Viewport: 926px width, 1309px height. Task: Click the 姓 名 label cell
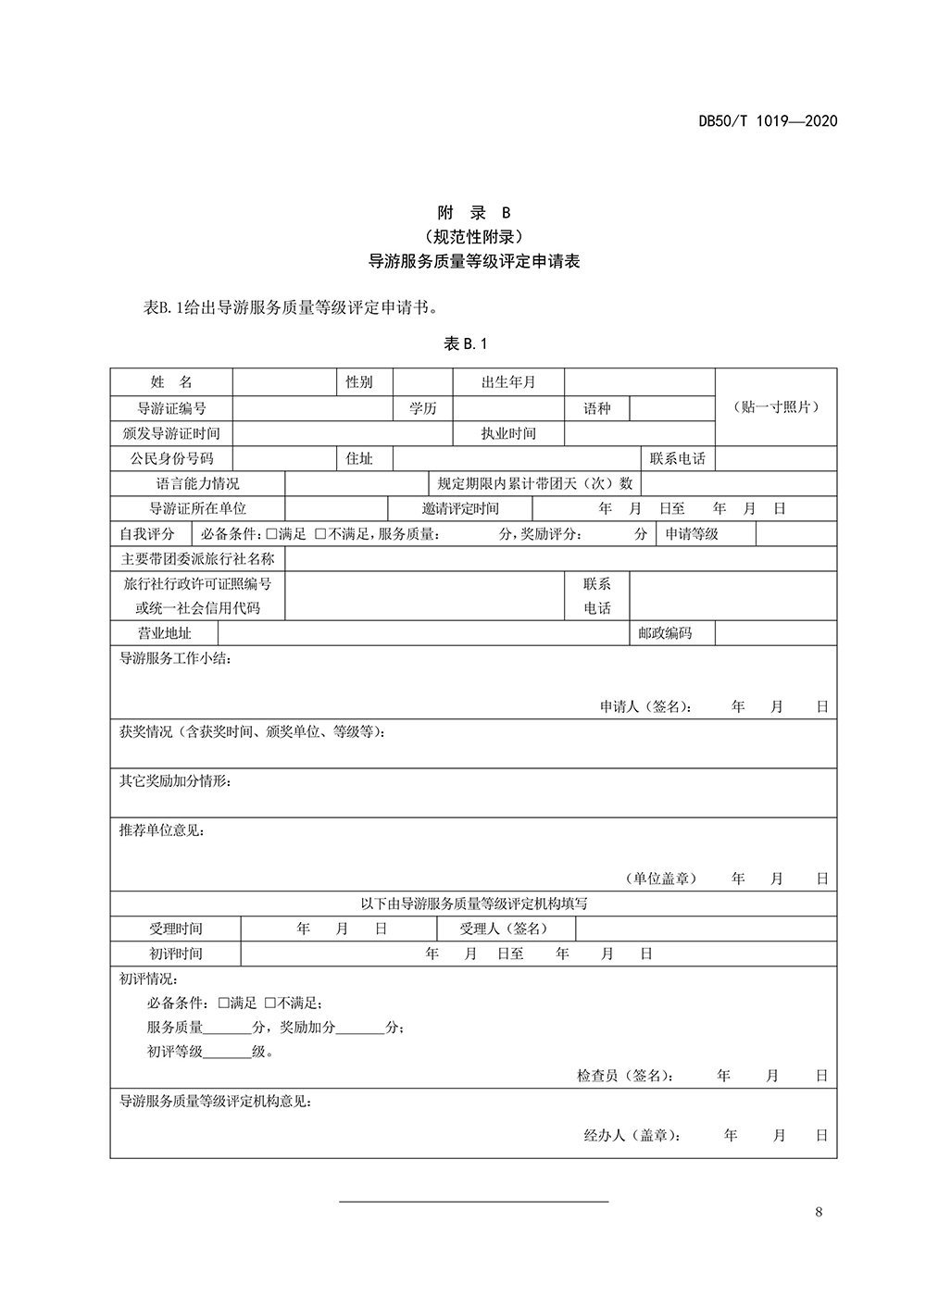click(171, 382)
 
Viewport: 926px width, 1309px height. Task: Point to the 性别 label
click(359, 382)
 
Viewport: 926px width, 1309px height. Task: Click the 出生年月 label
click(508, 382)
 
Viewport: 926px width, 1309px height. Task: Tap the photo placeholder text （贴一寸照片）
click(776, 407)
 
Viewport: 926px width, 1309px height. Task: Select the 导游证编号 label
click(171, 408)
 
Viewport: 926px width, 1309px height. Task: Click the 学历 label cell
click(423, 408)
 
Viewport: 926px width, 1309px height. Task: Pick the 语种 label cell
click(597, 408)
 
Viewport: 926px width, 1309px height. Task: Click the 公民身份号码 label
click(171, 458)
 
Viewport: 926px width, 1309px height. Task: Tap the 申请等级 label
click(692, 534)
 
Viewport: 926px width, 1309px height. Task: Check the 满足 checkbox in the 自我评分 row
click(271, 534)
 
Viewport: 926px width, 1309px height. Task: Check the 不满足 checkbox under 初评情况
click(270, 1003)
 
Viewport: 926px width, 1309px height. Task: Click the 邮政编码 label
click(665, 633)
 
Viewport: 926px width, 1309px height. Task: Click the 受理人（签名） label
click(505, 929)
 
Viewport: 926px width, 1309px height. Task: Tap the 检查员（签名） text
click(625, 1076)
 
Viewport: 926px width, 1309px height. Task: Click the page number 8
click(819, 1213)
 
